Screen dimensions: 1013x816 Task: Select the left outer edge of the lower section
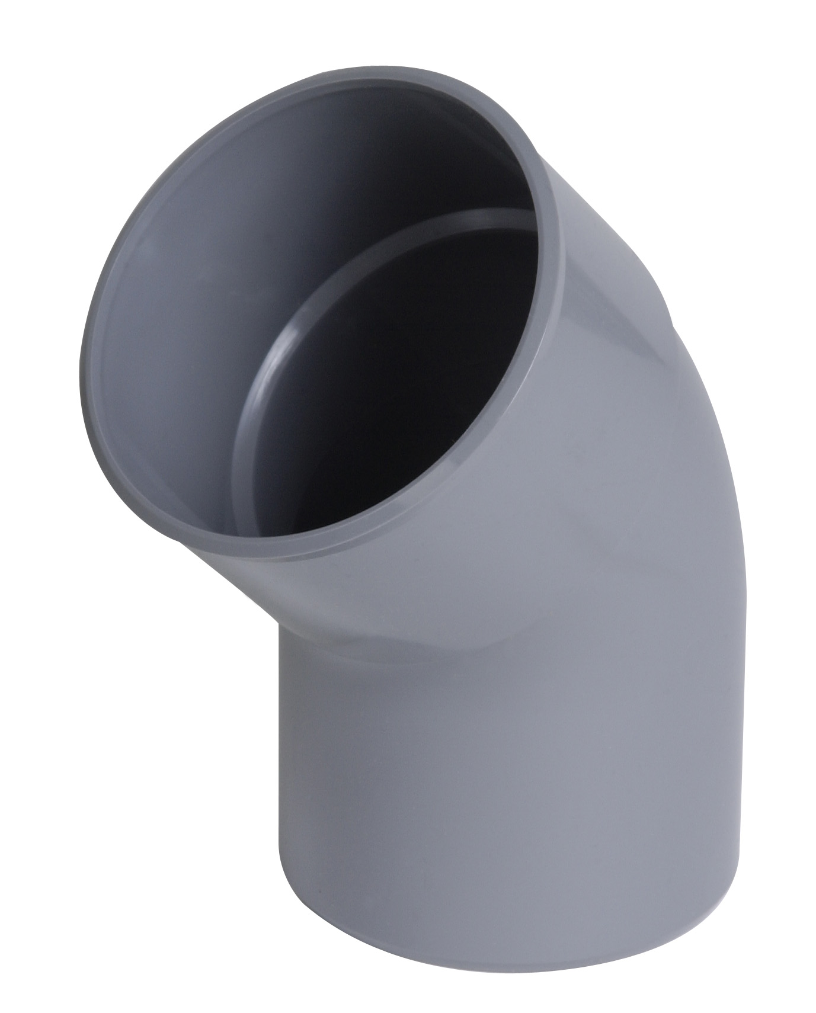tap(279, 770)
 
